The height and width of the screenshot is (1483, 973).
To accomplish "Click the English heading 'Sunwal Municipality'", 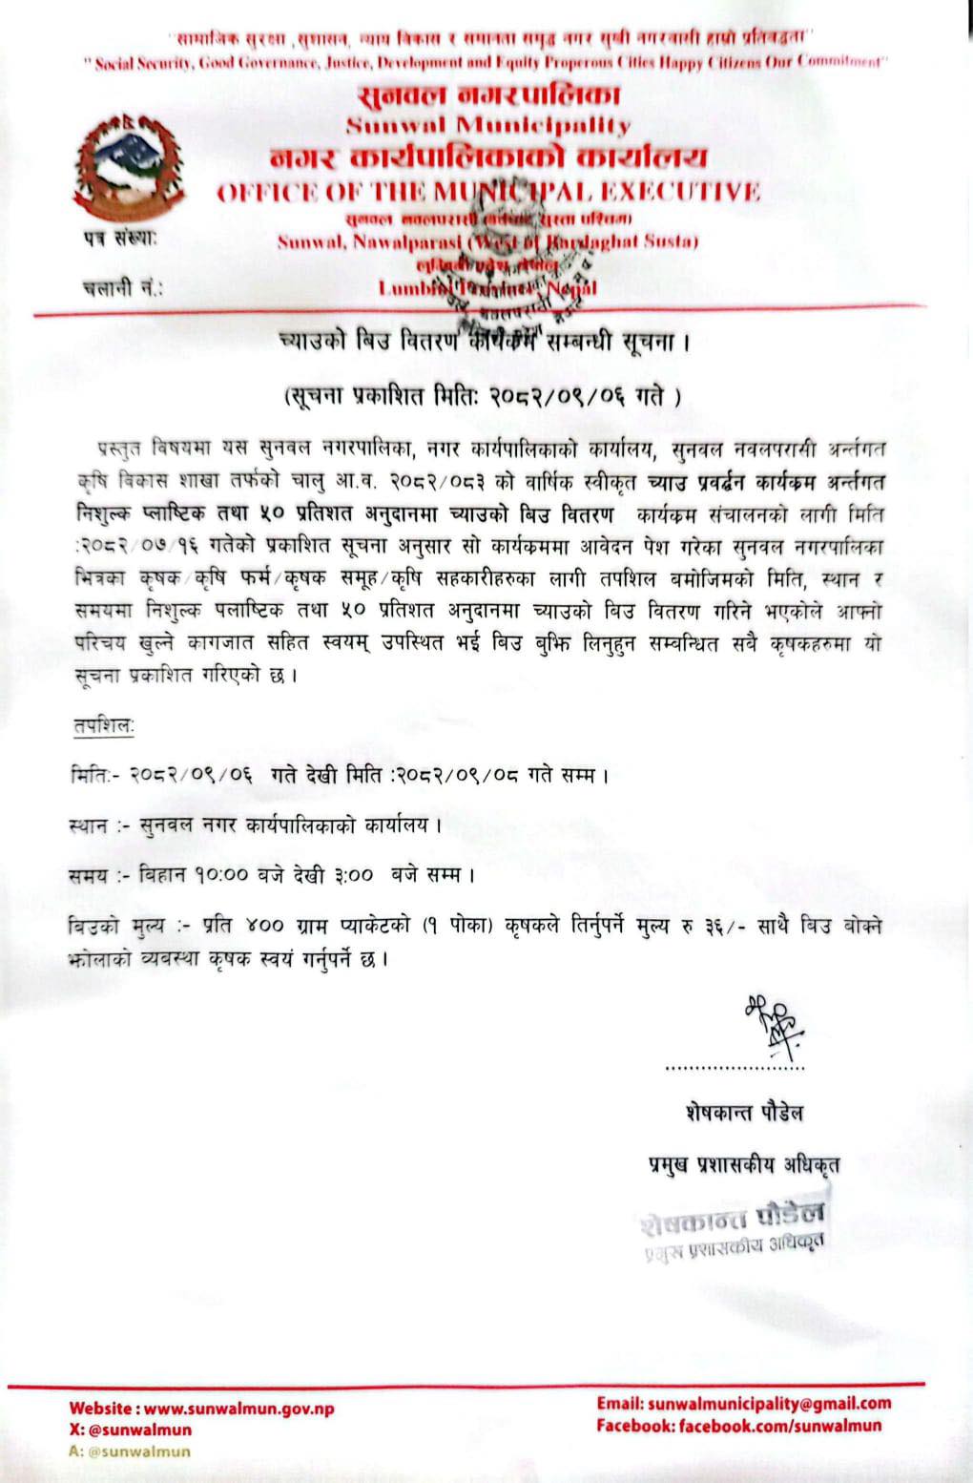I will (487, 125).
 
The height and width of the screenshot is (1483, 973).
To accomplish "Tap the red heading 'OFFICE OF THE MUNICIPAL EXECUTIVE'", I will (488, 191).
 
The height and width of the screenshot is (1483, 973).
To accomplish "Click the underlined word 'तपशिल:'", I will (104, 726).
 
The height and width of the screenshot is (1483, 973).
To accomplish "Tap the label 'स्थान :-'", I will (100, 825).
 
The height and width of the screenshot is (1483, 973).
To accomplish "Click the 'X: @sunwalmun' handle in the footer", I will (130, 1430).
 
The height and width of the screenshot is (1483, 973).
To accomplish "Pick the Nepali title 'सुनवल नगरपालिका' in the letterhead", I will (488, 95).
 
